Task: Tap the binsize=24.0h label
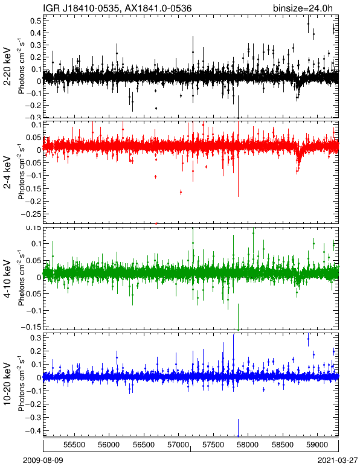point(303,8)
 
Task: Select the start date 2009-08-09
point(43,461)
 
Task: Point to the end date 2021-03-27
point(338,461)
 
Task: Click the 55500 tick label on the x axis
point(74,445)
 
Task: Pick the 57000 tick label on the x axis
point(178,445)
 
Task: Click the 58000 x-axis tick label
point(247,445)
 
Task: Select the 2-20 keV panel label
point(7,66)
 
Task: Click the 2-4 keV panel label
point(7,173)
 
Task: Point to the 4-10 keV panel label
point(7,279)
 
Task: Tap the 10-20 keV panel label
point(7,384)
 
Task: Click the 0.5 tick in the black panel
point(36,21)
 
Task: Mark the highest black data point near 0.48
point(308,24)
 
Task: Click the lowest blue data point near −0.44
point(238,436)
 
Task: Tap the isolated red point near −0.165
point(181,193)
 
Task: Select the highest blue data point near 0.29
point(308,339)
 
